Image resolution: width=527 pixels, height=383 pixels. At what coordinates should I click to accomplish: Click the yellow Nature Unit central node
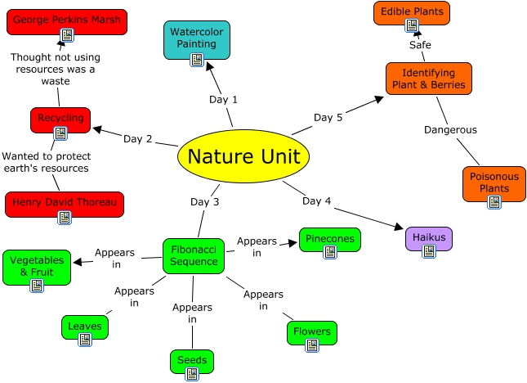[243, 155]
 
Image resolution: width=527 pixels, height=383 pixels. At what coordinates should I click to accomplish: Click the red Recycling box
[60, 119]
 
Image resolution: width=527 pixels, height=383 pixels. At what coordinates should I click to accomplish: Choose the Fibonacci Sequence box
[194, 255]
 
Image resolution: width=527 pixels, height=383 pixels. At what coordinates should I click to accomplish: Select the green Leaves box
[85, 327]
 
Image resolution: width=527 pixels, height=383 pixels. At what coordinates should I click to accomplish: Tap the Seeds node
[193, 362]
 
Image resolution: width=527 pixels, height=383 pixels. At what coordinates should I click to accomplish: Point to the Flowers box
[312, 333]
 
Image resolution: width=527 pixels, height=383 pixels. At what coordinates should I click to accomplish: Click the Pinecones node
[329, 241]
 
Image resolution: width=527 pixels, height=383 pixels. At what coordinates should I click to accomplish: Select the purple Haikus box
[429, 239]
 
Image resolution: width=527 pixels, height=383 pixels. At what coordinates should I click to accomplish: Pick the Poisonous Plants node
[494, 184]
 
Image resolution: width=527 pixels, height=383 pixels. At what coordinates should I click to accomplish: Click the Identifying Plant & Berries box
[428, 79]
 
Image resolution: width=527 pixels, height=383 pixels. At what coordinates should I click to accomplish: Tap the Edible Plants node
[412, 14]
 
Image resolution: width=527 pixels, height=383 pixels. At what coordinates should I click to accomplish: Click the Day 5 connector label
[328, 118]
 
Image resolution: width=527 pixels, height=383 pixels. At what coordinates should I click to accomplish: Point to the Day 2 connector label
[138, 138]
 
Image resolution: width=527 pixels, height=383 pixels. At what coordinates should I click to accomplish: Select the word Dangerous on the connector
[450, 129]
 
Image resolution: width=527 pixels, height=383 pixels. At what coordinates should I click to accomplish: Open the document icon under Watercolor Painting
[197, 59]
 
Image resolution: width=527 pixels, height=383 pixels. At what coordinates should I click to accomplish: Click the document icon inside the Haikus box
[429, 250]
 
